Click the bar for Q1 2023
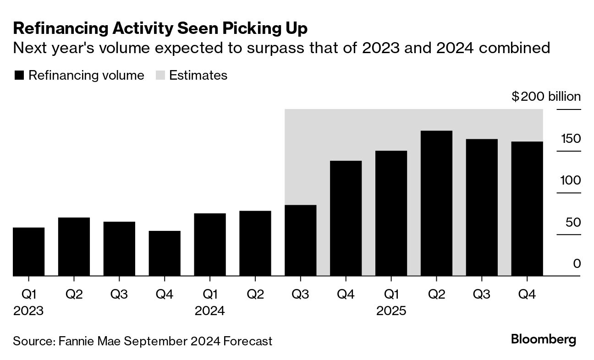[x=29, y=252]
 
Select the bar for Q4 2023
[x=165, y=254]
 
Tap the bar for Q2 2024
[x=255, y=244]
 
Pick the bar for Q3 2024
[x=301, y=240]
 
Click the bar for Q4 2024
[x=346, y=218]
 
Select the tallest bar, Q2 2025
[x=436, y=203]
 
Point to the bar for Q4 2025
[x=527, y=209]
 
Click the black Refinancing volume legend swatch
[x=19, y=76]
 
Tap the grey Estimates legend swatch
[x=160, y=76]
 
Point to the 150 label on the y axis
[x=570, y=139]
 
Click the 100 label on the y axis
[x=570, y=180]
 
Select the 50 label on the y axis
[x=573, y=223]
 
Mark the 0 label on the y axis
[x=577, y=264]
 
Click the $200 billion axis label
[x=546, y=97]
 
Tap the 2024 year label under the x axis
[x=210, y=311]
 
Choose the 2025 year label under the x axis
[x=391, y=311]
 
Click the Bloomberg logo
[x=543, y=339]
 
